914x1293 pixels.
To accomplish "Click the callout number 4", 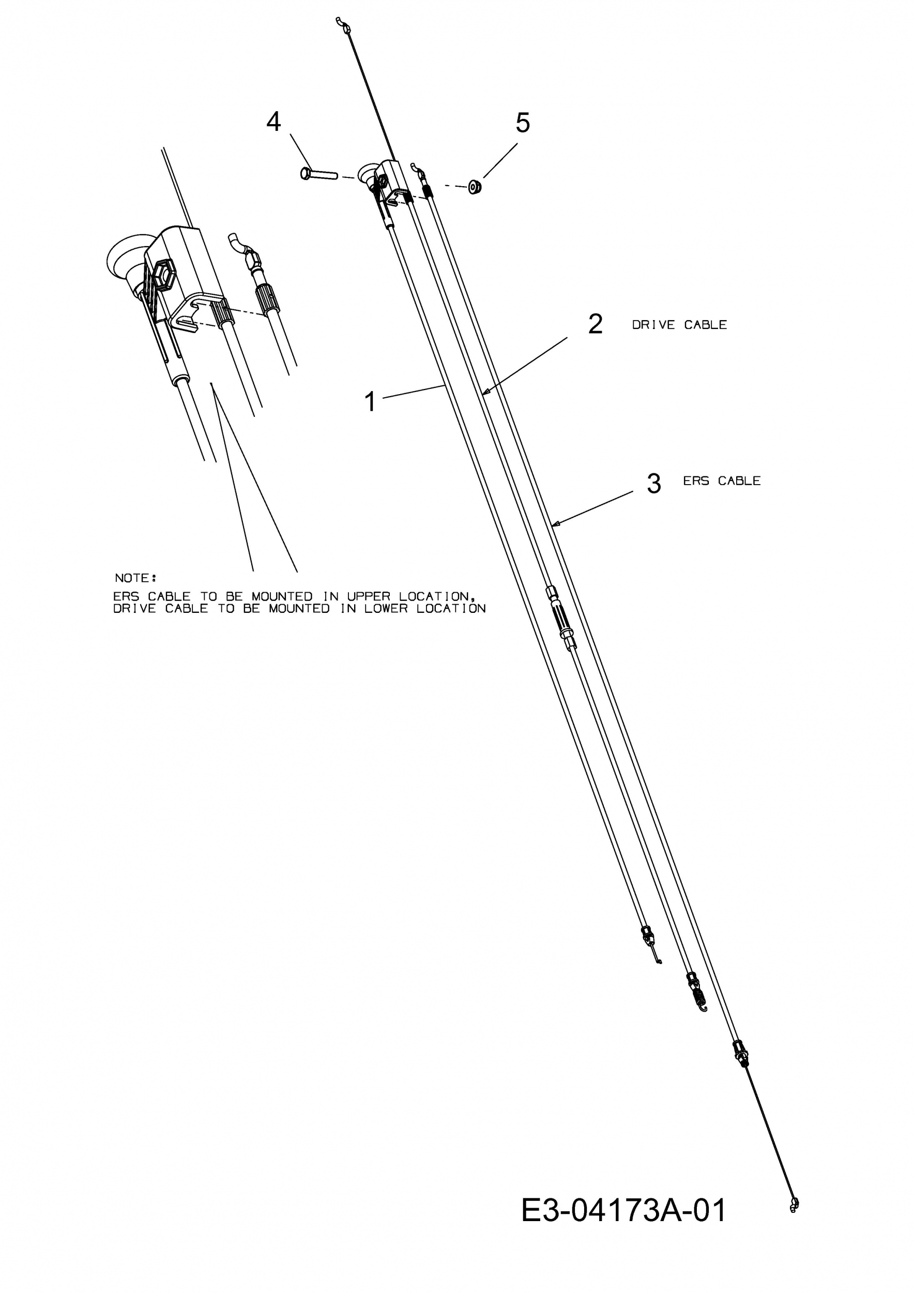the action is click(x=273, y=122).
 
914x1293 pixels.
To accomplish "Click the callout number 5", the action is click(x=523, y=123).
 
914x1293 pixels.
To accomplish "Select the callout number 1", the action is click(x=370, y=402).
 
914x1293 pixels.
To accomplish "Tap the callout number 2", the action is click(x=595, y=324).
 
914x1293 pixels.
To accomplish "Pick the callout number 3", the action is click(x=653, y=484).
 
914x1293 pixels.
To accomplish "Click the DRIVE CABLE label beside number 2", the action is click(x=679, y=325).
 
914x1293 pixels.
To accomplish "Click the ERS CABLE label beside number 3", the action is click(x=722, y=481).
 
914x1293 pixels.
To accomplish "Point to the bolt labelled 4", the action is click(x=318, y=174).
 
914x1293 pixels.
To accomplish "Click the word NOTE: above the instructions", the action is click(x=135, y=578).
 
